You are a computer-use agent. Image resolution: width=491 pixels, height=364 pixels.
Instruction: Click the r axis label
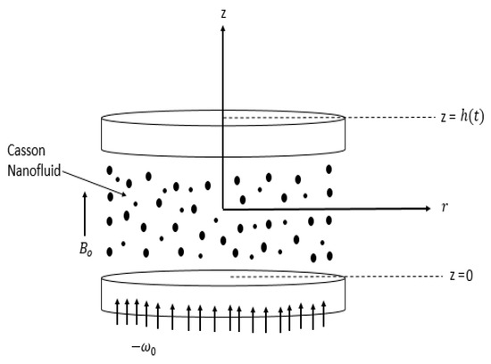[444, 208]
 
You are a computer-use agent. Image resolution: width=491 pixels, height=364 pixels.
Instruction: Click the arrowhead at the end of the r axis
[422, 208]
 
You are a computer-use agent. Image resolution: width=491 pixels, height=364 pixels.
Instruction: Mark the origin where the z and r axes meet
[222, 208]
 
